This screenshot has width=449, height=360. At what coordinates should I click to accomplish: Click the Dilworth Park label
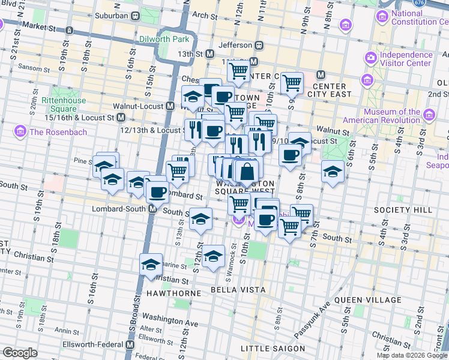(x=164, y=39)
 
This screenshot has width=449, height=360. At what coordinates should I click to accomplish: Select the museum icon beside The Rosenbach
(x=20, y=131)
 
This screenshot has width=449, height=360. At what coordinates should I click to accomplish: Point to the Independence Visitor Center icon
(x=370, y=58)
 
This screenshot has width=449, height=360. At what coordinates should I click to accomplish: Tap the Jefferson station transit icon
(x=259, y=44)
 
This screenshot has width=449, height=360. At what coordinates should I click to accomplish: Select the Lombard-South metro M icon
(x=152, y=209)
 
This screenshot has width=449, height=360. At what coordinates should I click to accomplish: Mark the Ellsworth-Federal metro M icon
(x=130, y=346)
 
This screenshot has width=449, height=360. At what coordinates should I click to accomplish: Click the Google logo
(x=20, y=352)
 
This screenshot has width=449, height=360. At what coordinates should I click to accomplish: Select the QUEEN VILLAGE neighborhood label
(x=368, y=299)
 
